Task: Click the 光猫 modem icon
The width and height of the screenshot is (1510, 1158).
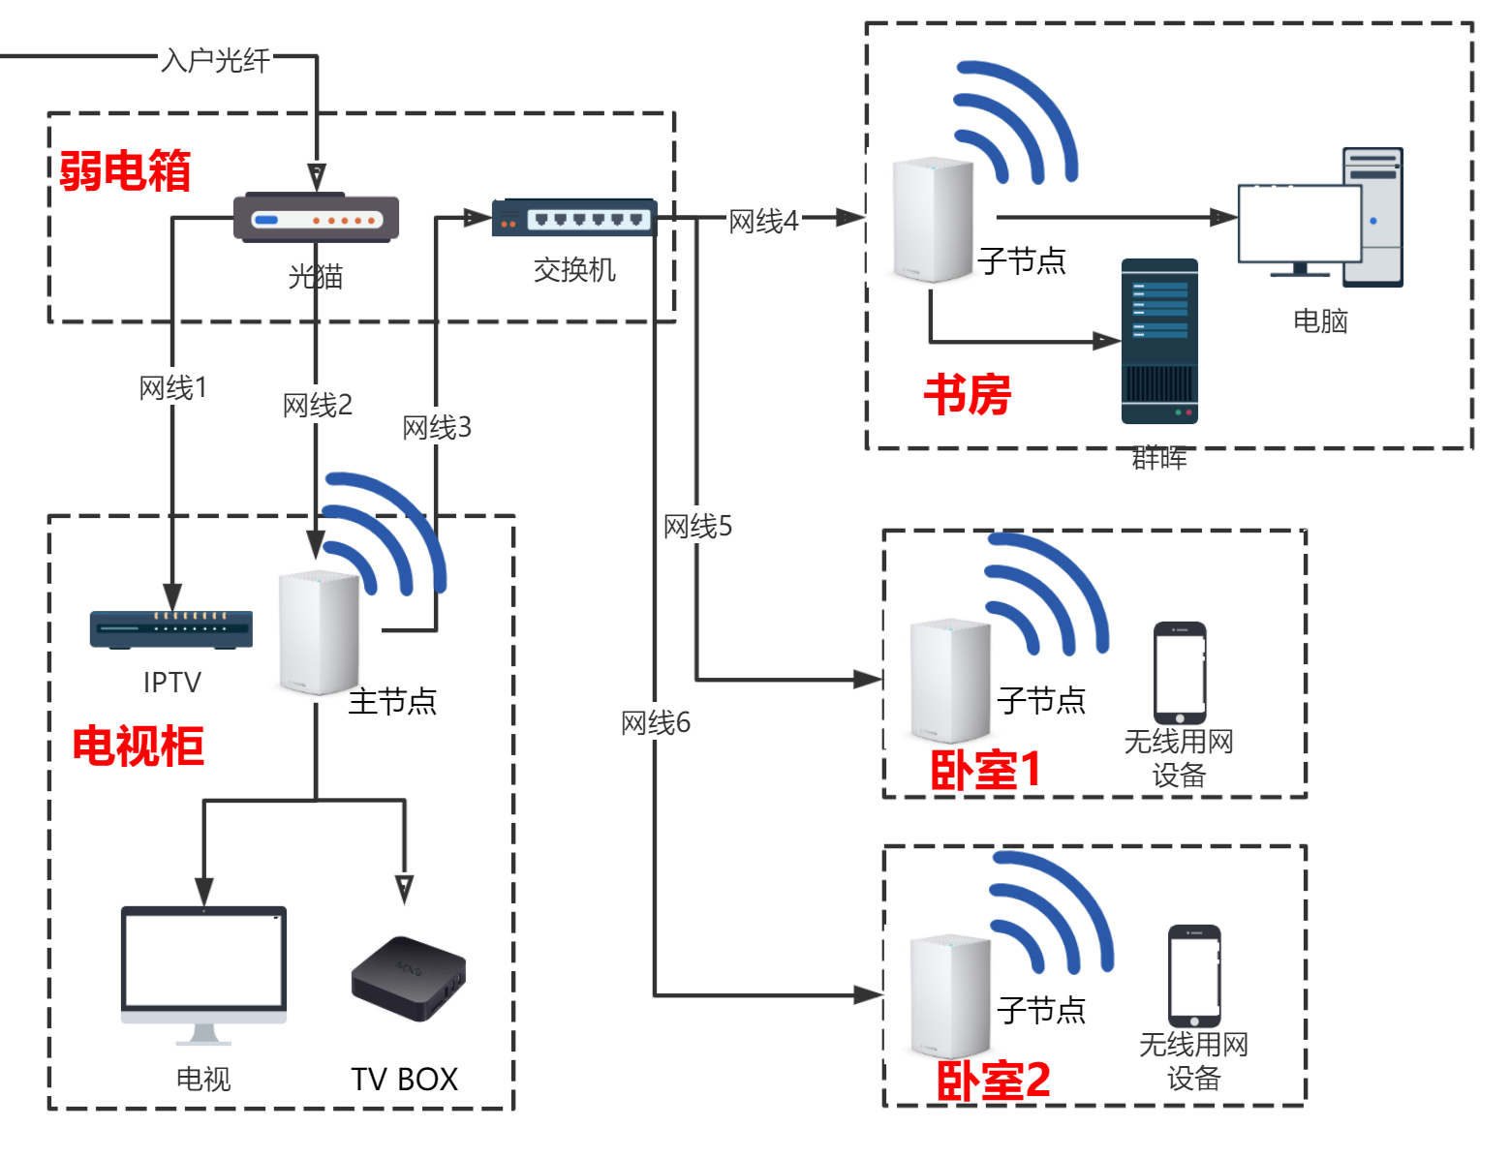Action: point(316,219)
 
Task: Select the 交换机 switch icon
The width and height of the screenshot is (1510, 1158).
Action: point(574,218)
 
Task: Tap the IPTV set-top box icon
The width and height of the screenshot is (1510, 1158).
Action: point(171,629)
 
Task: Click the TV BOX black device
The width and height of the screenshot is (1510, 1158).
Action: point(408,978)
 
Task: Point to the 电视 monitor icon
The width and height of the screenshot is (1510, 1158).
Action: point(203,973)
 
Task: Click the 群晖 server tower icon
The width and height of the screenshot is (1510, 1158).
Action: point(1159,341)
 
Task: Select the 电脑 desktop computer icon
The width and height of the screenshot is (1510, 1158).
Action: point(1320,220)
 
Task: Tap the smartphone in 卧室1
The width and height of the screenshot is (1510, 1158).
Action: point(1180,673)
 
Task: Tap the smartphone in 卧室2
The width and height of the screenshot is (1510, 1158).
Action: point(1194,976)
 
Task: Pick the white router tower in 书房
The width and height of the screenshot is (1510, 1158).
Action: point(933,220)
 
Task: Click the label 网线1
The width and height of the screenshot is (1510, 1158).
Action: point(173,388)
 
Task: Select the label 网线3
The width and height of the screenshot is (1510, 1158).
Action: point(437,427)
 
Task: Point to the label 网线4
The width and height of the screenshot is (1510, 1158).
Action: point(763,222)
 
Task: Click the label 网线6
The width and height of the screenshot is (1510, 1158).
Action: point(656,722)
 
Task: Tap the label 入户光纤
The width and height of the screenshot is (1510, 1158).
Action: point(216,60)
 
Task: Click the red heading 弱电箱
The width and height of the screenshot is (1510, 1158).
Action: point(125,171)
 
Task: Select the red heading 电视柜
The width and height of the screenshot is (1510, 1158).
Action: point(139,747)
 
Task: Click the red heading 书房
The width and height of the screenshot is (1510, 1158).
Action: point(968,395)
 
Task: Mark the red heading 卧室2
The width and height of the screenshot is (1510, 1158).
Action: point(993,1080)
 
